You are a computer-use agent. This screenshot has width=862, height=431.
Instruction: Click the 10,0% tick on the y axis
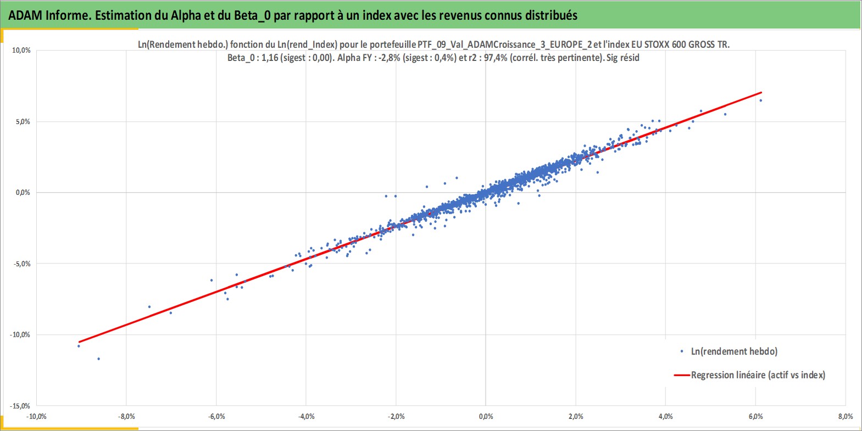pos(21,51)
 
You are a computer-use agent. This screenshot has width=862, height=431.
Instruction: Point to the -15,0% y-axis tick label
pos(20,406)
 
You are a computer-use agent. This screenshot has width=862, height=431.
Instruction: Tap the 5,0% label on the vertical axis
pos(23,122)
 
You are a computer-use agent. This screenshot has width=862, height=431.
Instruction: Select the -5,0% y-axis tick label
pos(21,264)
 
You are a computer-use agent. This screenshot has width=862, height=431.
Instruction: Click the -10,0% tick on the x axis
pos(37,417)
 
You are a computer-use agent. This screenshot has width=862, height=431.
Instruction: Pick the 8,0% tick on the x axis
pos(846,417)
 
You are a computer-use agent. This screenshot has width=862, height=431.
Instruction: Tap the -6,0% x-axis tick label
pos(216,417)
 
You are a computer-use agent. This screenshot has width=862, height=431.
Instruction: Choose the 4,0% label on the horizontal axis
pos(666,417)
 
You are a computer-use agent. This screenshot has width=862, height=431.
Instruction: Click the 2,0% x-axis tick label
pos(576,417)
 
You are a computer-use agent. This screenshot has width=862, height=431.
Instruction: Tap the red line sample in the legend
pos(681,375)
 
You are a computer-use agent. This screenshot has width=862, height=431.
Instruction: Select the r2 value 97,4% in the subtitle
pos(496,58)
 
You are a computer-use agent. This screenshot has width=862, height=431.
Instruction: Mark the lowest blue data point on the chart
pos(98,359)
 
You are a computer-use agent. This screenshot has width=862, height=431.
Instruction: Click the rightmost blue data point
pos(760,100)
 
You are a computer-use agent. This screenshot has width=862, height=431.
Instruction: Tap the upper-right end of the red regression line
pos(761,92)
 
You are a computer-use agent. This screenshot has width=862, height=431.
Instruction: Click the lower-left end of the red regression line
pos(79,342)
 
